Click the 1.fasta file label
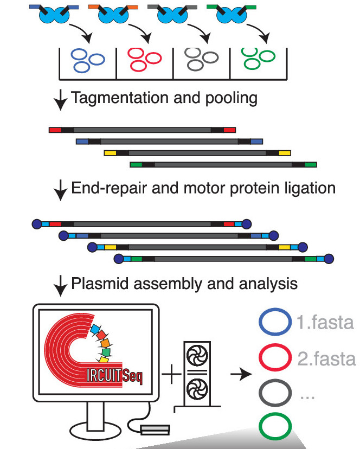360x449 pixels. [x=325, y=324]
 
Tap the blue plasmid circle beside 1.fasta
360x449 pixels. [x=275, y=324]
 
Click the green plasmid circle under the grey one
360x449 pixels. [x=275, y=427]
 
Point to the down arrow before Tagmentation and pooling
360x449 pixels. [x=61, y=100]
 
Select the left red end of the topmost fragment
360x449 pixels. [x=55, y=130]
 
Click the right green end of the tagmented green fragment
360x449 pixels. [x=311, y=164]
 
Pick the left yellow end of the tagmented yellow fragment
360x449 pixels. [x=110, y=153]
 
